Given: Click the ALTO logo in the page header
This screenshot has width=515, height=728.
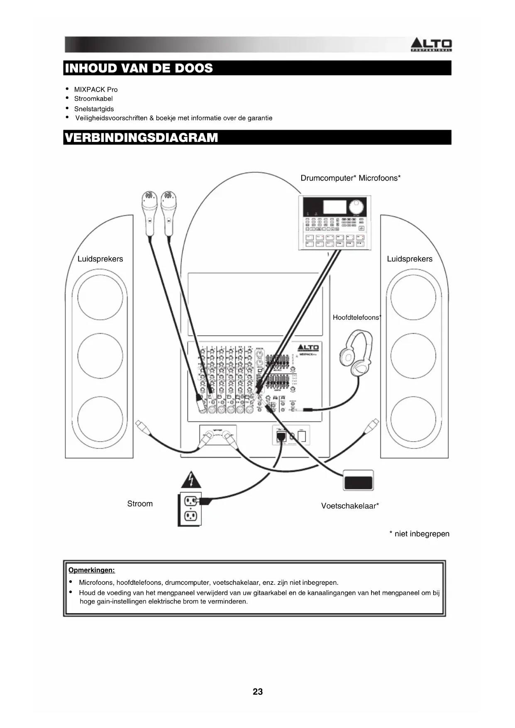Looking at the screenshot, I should click(431, 44).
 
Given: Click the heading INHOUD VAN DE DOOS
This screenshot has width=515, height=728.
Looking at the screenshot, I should click(139, 68).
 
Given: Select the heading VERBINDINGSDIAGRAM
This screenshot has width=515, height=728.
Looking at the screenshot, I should click(142, 137).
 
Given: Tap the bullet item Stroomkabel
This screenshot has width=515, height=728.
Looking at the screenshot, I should click(93, 99).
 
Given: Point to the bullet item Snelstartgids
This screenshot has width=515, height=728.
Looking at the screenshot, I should click(94, 109).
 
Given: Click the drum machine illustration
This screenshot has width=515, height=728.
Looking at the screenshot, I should click(334, 223).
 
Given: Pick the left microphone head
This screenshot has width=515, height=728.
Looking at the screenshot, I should click(149, 201).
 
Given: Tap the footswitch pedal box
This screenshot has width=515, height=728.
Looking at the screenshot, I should click(358, 481).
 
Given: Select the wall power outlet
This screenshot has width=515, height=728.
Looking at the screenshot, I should click(190, 509).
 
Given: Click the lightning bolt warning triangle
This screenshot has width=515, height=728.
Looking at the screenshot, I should click(191, 480).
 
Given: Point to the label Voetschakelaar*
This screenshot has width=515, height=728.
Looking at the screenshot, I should click(350, 506).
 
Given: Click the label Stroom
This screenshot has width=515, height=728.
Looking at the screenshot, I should click(140, 504).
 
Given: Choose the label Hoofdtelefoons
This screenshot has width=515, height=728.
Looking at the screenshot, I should click(356, 318).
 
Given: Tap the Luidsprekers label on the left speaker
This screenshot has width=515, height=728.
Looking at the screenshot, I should click(100, 259).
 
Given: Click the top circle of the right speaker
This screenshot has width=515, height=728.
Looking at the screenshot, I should click(413, 297).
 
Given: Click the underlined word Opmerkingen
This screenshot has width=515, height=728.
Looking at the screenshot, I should click(91, 570).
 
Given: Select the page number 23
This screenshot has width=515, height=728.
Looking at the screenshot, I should click(257, 691).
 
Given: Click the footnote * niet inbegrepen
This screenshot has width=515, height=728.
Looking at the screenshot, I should click(419, 534).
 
